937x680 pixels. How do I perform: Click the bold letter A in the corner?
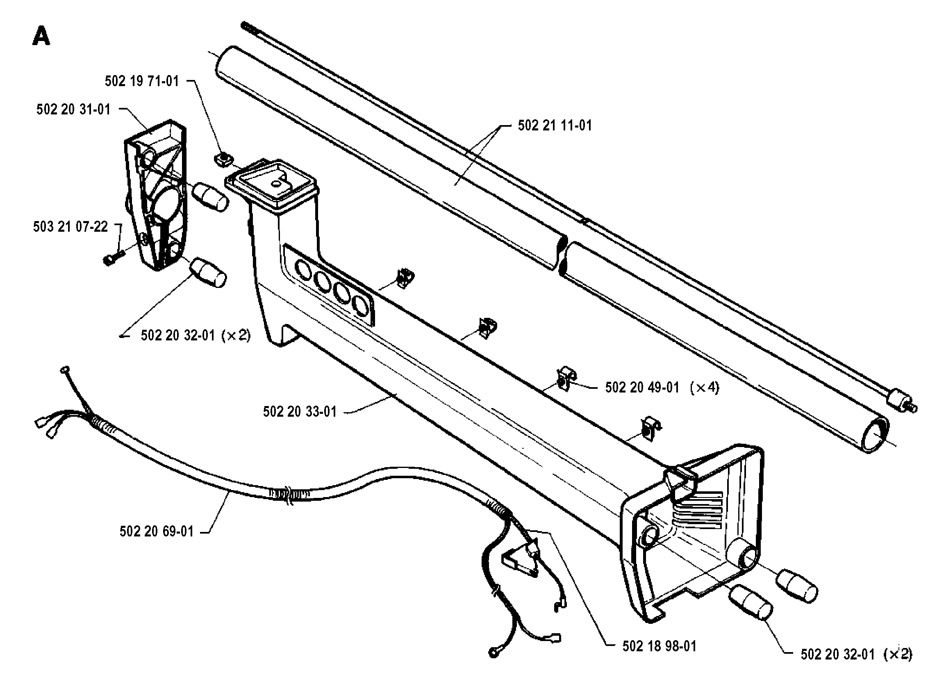coord(41,36)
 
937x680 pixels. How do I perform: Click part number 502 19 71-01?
coord(142,82)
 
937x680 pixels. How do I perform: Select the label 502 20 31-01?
coord(73,110)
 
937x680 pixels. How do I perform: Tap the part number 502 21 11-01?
coord(555,125)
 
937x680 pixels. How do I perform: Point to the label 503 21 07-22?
coord(70,226)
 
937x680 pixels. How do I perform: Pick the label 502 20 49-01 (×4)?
coord(662,387)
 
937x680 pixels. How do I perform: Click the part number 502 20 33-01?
coord(300,412)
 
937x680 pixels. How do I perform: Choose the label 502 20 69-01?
coord(157,531)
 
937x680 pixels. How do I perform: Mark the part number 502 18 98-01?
coord(660,646)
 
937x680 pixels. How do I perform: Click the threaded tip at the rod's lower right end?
coord(912,408)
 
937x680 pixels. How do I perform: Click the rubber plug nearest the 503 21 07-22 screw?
coord(208,272)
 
